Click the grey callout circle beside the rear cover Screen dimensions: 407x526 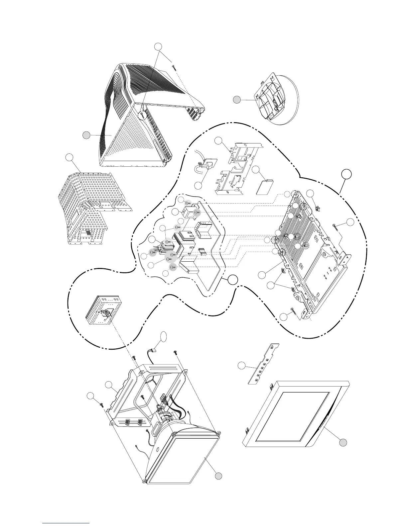[x=86, y=135]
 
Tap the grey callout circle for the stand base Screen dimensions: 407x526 [x=236, y=99]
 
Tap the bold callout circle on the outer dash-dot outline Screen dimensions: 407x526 [x=346, y=174]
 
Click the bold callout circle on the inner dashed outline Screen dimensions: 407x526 [x=233, y=280]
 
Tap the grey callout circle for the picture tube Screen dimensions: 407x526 [x=218, y=476]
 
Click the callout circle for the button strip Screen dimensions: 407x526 [x=242, y=366]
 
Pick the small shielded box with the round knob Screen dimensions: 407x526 [x=102, y=310]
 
